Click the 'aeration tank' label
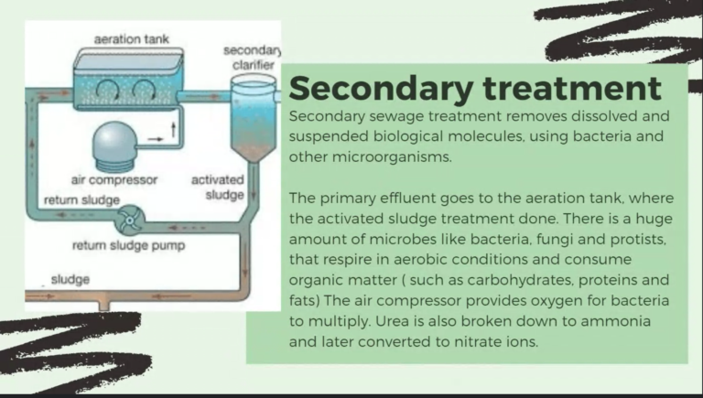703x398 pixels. click(132, 39)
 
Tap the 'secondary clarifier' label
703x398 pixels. click(253, 58)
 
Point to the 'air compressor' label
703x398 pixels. click(114, 180)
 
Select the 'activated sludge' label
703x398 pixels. click(218, 188)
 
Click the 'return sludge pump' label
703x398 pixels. click(129, 245)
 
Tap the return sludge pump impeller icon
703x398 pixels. click(130, 221)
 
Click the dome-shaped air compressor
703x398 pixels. click(114, 146)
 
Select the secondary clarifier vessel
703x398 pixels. click(254, 118)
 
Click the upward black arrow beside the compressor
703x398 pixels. click(173, 130)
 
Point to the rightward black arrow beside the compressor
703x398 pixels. click(156, 139)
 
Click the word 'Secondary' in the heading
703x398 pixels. click(382, 89)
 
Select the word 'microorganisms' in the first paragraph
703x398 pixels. click(392, 157)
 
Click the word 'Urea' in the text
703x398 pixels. click(391, 321)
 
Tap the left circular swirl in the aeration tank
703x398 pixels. click(108, 90)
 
